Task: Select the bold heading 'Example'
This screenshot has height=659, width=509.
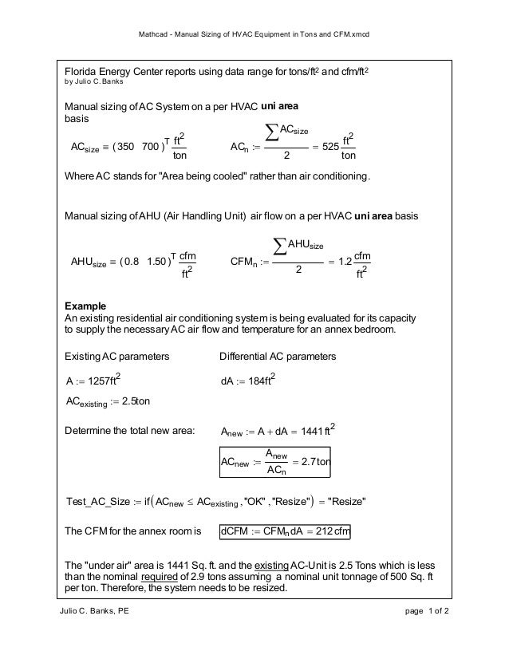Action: (x=84, y=306)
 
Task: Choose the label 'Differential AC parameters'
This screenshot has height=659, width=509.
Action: (x=277, y=355)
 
